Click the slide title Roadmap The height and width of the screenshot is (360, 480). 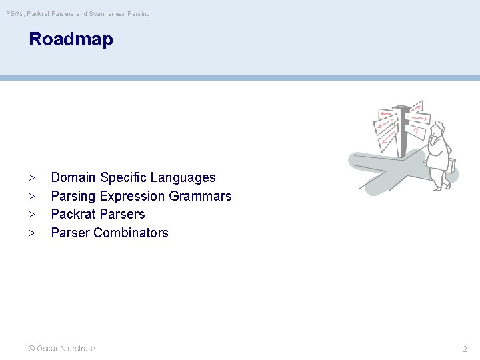pos(71,39)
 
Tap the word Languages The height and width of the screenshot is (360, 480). pos(183,178)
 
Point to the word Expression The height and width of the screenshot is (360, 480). pos(132,196)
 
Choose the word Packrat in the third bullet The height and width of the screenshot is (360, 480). pos(73,214)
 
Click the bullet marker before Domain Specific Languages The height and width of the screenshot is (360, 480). pos(31,178)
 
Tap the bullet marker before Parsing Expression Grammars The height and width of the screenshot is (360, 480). pos(31,197)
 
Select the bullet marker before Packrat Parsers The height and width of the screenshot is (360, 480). pos(31,215)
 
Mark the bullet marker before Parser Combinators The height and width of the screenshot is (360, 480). pos(31,233)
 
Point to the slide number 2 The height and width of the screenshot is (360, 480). pos(465,349)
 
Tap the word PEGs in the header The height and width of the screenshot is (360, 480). pos(15,14)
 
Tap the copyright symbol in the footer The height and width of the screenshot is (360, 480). pos(31,349)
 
